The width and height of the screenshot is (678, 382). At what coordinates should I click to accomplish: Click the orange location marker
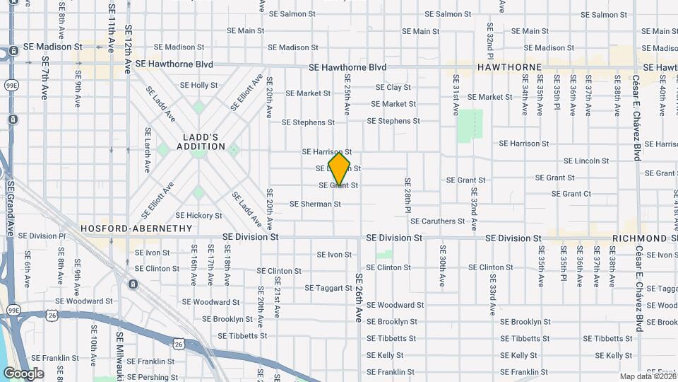coord(340,169)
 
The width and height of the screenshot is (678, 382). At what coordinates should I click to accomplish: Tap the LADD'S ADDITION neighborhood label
coord(194,141)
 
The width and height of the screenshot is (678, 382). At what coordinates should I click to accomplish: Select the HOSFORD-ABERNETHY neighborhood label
coord(136,228)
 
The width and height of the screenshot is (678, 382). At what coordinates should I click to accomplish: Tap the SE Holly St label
coord(199,85)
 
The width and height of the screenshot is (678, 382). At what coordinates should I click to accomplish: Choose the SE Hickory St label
coord(198,216)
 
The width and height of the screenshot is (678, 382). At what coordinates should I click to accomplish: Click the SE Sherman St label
coord(315,204)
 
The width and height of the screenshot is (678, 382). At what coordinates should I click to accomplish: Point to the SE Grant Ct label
coord(571,194)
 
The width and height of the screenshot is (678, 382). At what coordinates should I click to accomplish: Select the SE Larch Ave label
coord(148,150)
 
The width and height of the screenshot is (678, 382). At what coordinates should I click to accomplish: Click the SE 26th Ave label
coord(359,299)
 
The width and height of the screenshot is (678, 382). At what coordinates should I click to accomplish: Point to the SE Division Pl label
coord(42,236)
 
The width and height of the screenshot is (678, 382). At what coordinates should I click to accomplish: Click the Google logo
coord(23,373)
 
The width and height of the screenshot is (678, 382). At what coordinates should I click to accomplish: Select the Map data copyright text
coord(647,376)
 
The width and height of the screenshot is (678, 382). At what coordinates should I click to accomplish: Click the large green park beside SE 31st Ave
coord(470,125)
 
